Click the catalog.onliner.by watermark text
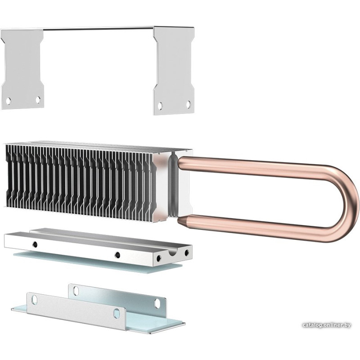(x=327, y=325)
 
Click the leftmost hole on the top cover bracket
(x=8, y=100)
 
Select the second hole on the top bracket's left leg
(x=38, y=99)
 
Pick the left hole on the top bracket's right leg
(x=160, y=105)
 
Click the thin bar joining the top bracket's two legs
(x=98, y=29)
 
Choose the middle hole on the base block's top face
(x=117, y=255)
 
